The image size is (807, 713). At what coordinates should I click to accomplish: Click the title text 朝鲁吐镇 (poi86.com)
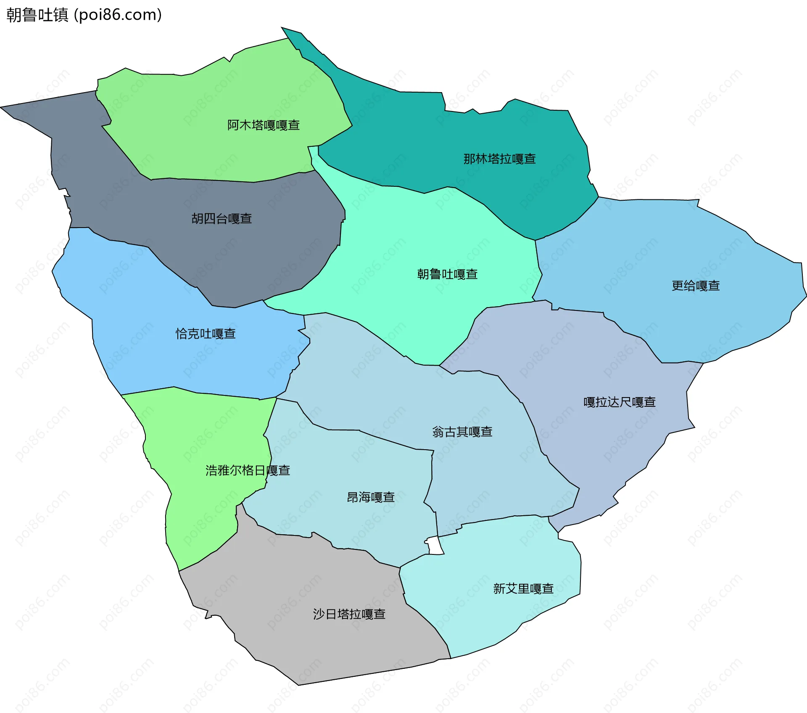coord(84,15)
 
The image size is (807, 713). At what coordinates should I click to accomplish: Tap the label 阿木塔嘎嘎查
coord(264,125)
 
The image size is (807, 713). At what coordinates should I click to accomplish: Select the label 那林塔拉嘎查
coord(499,159)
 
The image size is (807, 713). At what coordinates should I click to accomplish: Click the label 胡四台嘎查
coord(222,218)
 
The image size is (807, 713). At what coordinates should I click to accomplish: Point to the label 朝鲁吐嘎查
coord(447,274)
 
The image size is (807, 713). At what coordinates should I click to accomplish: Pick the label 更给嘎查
coord(696,286)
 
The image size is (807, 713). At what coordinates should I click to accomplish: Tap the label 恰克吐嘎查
coord(206,334)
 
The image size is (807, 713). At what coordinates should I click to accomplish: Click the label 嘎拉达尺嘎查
coord(620,402)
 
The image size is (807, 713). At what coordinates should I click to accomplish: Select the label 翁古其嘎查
coord(462,432)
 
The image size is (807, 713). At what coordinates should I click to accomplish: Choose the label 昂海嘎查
coord(370,497)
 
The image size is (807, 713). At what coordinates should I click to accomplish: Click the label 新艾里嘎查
coord(523,588)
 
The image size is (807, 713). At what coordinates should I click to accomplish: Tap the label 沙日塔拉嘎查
coord(349,614)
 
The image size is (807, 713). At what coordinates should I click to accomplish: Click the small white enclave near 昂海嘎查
coord(435,546)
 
